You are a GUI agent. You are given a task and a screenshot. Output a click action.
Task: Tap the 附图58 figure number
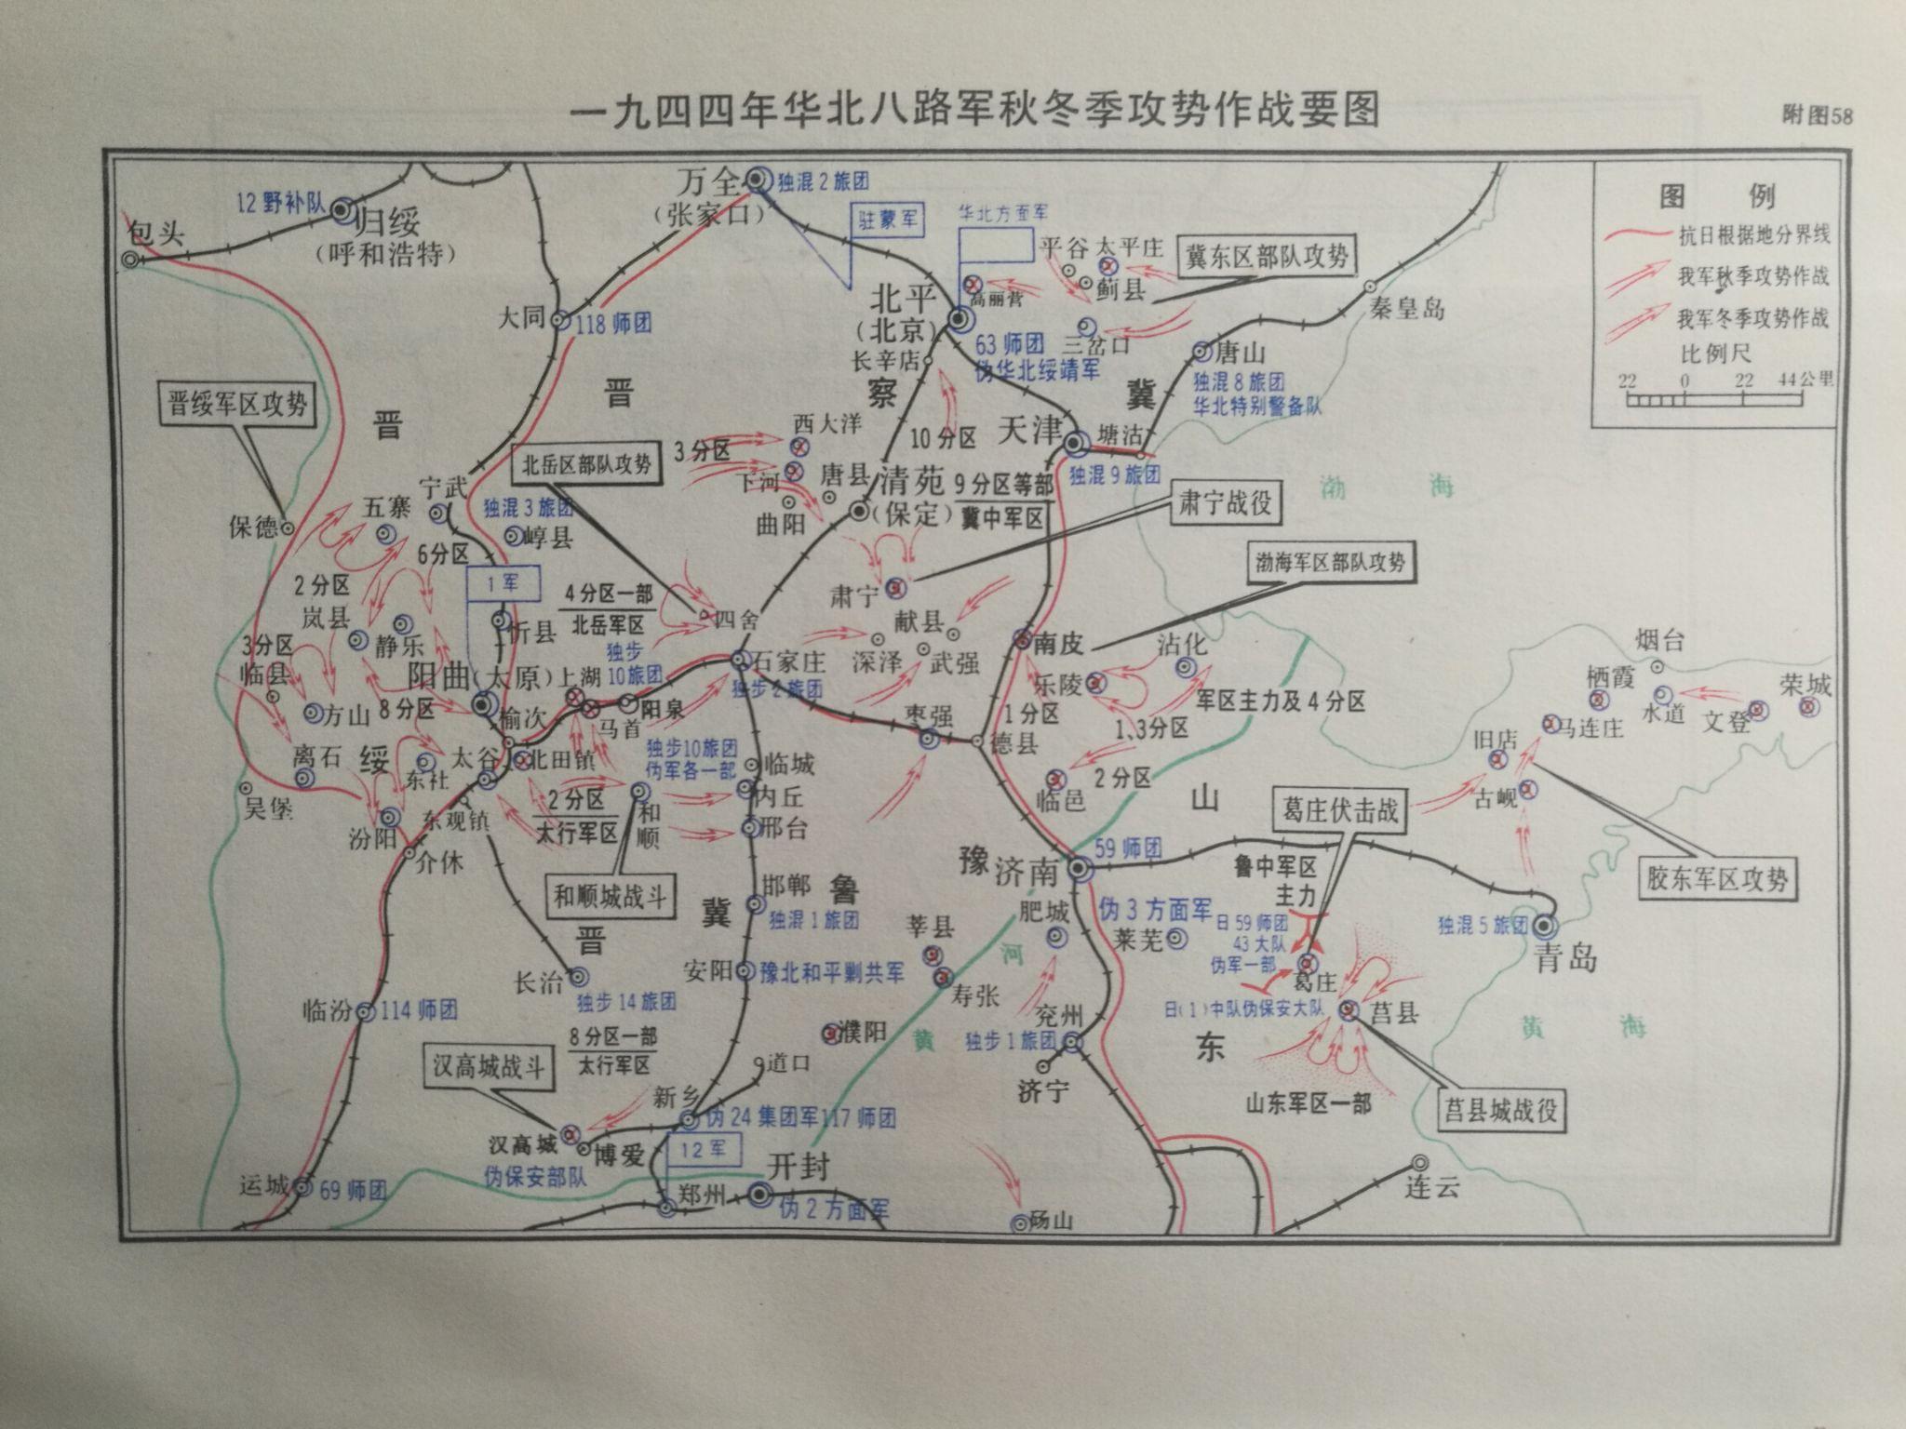[1817, 116]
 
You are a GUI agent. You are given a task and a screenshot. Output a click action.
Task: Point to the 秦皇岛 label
[1408, 309]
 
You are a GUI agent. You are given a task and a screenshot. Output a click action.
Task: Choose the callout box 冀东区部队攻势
[1268, 256]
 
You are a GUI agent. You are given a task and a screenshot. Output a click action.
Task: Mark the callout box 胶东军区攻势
[1717, 878]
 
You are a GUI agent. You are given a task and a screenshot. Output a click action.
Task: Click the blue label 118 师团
[614, 323]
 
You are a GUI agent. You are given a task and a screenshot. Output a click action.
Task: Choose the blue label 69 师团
[353, 1188]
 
